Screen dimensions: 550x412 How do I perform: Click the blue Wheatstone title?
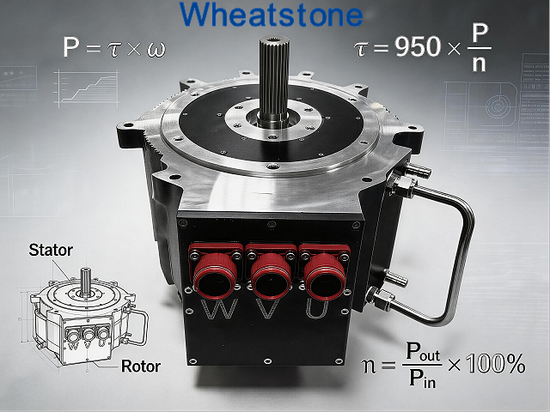click(x=272, y=15)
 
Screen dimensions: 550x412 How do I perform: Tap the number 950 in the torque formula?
click(x=418, y=46)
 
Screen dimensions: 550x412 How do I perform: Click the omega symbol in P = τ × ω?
click(x=156, y=49)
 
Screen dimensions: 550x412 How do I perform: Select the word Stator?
click(x=51, y=250)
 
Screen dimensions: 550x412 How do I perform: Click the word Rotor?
click(x=141, y=367)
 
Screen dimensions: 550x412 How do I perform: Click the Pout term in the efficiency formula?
click(x=423, y=351)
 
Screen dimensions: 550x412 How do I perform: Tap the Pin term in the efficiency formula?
click(x=422, y=379)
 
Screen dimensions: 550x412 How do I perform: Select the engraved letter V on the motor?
click(x=269, y=309)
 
